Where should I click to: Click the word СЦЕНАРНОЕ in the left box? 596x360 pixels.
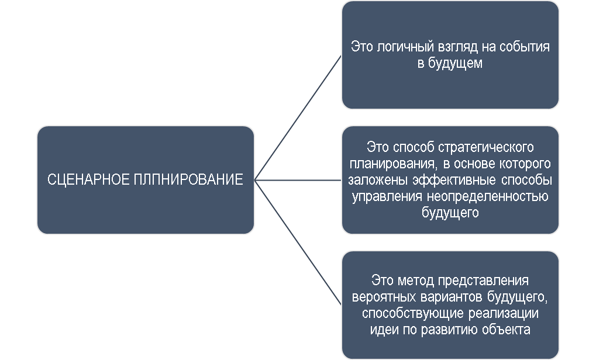[x=88, y=179]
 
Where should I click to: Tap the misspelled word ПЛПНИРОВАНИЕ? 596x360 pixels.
[x=188, y=179]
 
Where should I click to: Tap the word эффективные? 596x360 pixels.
[x=454, y=180]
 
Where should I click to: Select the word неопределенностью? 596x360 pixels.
[x=488, y=197]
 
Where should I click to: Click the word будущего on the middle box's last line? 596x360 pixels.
[x=450, y=213]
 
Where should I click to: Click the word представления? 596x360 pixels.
[x=483, y=281]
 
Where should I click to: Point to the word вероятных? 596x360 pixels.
[x=384, y=297]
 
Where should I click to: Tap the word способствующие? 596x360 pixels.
[x=413, y=314]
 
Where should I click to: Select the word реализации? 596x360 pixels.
[x=503, y=314]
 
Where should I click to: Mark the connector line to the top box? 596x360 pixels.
[x=298, y=117]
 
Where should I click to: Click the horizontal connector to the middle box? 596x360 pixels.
[x=298, y=180]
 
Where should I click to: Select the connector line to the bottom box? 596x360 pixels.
[x=298, y=243]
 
